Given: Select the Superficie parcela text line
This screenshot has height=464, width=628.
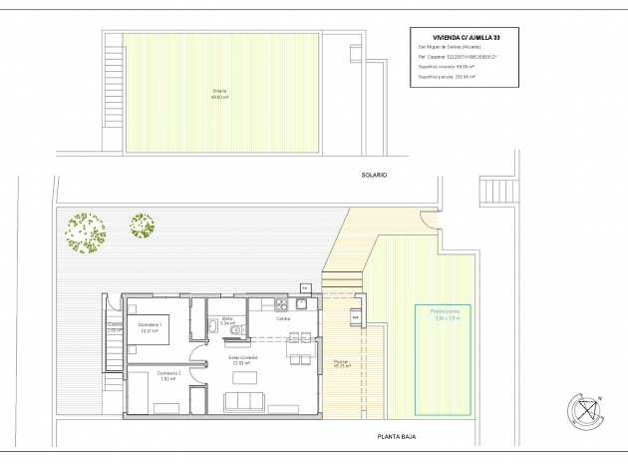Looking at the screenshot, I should coord(446,76).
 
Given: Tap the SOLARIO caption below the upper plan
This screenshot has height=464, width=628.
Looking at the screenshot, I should coord(374,175).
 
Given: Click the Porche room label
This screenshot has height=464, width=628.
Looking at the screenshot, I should coord(340,364).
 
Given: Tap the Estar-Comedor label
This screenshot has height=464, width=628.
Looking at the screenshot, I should coord(243,359).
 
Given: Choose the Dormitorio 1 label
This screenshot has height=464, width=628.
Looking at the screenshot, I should coord(153,327).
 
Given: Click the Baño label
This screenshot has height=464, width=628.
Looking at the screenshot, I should coord(226,321).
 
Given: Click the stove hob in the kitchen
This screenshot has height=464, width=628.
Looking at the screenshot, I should coord(300,303).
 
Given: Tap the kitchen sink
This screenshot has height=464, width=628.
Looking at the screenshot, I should coord(282,303).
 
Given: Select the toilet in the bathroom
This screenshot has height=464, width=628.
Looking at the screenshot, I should coord(213,326).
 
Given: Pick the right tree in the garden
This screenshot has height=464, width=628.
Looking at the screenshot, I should coord(142,226).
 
